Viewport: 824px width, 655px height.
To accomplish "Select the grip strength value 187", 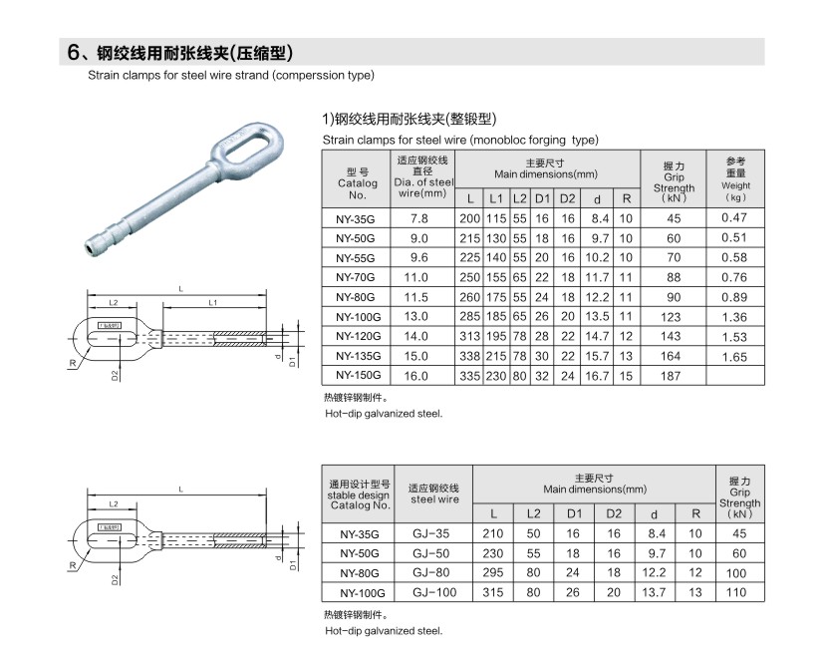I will (673, 376).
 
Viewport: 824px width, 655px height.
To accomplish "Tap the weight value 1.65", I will (734, 356).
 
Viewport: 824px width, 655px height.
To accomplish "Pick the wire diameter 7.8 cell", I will (418, 217).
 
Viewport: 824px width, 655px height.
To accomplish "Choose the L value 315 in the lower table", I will (492, 593).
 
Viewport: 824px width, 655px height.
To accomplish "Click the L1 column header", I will (496, 197).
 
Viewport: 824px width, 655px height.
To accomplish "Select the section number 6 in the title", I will (73, 52).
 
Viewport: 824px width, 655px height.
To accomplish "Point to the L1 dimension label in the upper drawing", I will (213, 301).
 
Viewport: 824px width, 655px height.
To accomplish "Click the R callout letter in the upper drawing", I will (73, 363).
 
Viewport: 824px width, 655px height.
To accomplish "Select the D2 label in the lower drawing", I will (116, 577).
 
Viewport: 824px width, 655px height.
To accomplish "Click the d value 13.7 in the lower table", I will (654, 593).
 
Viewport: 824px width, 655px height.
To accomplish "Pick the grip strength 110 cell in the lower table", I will (738, 593).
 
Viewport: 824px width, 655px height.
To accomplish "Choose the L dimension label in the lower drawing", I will (179, 490).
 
